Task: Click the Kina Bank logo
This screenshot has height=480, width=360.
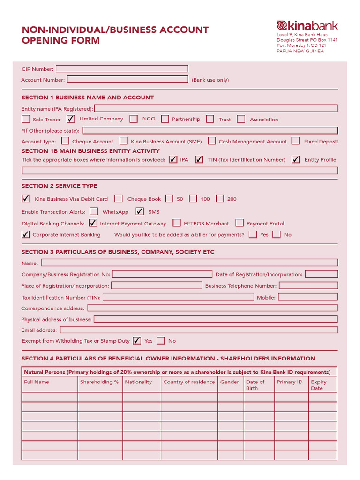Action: [307, 26]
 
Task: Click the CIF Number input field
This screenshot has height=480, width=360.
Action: [122, 68]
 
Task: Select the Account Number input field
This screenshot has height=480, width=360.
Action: [127, 80]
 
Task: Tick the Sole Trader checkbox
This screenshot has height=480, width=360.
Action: [26, 119]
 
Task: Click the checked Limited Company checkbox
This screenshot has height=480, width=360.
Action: [71, 119]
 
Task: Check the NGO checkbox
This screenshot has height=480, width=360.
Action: [134, 119]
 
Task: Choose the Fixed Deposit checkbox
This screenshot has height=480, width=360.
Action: [295, 141]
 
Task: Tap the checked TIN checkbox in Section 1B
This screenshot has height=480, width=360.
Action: [199, 159]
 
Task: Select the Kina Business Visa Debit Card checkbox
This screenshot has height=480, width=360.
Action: [26, 198]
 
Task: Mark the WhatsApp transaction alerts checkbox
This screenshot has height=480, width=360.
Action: [94, 211]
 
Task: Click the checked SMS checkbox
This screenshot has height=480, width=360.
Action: [140, 211]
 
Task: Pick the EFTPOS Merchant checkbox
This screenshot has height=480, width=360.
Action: [177, 223]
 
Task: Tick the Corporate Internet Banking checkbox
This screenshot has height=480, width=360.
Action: [26, 234]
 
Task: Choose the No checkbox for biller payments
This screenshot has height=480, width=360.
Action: [277, 234]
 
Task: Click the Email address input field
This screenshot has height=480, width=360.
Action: [199, 330]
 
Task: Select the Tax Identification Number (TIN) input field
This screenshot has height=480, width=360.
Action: [178, 297]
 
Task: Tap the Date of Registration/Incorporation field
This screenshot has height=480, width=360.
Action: [321, 274]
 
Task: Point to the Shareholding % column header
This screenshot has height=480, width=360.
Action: [99, 382]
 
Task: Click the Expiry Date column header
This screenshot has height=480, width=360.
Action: [319, 385]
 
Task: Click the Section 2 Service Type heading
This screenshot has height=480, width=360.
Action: [60, 186]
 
